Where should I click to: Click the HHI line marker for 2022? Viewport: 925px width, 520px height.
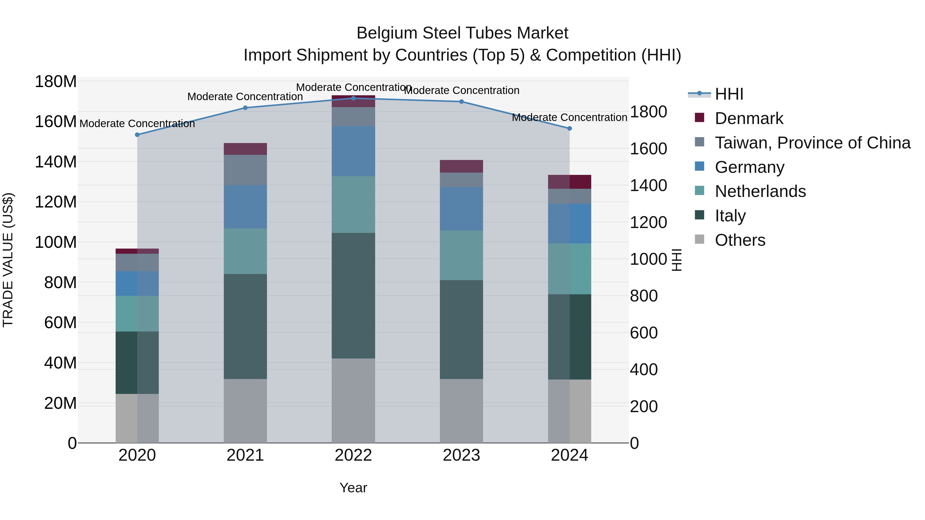tap(353, 98)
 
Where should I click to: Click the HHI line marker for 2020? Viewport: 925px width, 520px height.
tap(137, 135)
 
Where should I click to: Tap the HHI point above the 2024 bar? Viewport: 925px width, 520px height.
tap(569, 128)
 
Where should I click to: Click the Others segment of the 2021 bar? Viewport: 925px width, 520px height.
tap(245, 411)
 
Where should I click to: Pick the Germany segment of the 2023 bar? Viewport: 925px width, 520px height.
tap(461, 209)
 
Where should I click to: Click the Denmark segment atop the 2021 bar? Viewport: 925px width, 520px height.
tap(245, 149)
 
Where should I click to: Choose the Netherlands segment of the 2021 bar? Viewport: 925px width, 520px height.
tap(245, 251)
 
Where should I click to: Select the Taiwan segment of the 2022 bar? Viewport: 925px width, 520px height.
tap(353, 116)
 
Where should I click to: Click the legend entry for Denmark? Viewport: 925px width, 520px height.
tap(749, 118)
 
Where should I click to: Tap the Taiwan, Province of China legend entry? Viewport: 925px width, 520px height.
tap(812, 143)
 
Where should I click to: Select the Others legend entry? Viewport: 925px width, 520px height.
tap(740, 240)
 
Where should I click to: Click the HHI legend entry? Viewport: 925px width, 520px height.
tap(729, 94)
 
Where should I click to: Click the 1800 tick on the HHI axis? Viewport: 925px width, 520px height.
tap(649, 112)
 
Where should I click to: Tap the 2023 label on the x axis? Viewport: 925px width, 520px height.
tap(461, 455)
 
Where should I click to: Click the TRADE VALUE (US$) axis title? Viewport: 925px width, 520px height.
tap(8, 260)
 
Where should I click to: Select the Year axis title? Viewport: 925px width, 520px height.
tap(353, 488)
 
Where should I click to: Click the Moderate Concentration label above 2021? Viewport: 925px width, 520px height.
tap(245, 97)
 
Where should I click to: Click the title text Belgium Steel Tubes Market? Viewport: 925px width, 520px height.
tap(462, 33)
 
